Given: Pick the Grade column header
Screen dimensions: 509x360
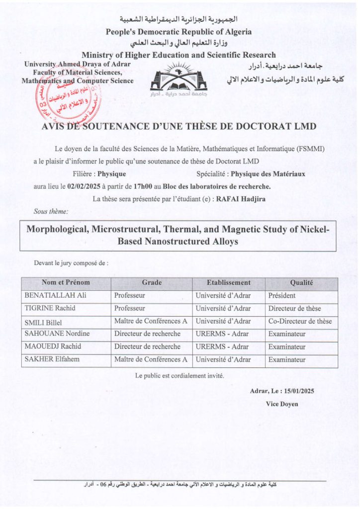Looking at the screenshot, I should tap(152, 282).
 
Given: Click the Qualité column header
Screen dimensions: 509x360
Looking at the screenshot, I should tap(301, 282).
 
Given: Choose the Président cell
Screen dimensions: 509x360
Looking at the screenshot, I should tap(282, 295).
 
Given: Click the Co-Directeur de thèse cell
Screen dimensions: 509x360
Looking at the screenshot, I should tap(300, 321).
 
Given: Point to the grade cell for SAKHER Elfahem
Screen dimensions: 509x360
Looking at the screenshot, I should tap(151, 359).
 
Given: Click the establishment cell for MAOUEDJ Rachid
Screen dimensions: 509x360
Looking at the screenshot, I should tap(222, 346).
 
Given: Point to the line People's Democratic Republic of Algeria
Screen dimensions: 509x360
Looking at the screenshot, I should tap(179, 32).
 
